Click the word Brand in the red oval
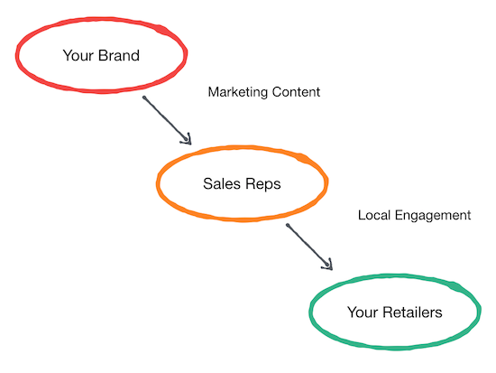tap(119, 55)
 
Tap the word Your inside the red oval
tap(78, 55)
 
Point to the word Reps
tap(263, 184)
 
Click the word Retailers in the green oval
tap(412, 312)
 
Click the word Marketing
tap(238, 92)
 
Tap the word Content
tap(296, 92)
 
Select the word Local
tap(374, 215)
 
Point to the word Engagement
tap(433, 216)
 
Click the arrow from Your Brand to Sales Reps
tap(167, 120)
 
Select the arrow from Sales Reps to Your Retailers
tap(309, 247)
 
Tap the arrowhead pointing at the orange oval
tap(187, 140)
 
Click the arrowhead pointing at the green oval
tap(328, 266)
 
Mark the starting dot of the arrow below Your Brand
tap(144, 98)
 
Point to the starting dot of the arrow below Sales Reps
tap(288, 225)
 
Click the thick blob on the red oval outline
tap(162, 30)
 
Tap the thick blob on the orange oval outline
tap(303, 158)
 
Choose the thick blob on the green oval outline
tap(455, 286)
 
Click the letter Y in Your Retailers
tap(352, 312)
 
